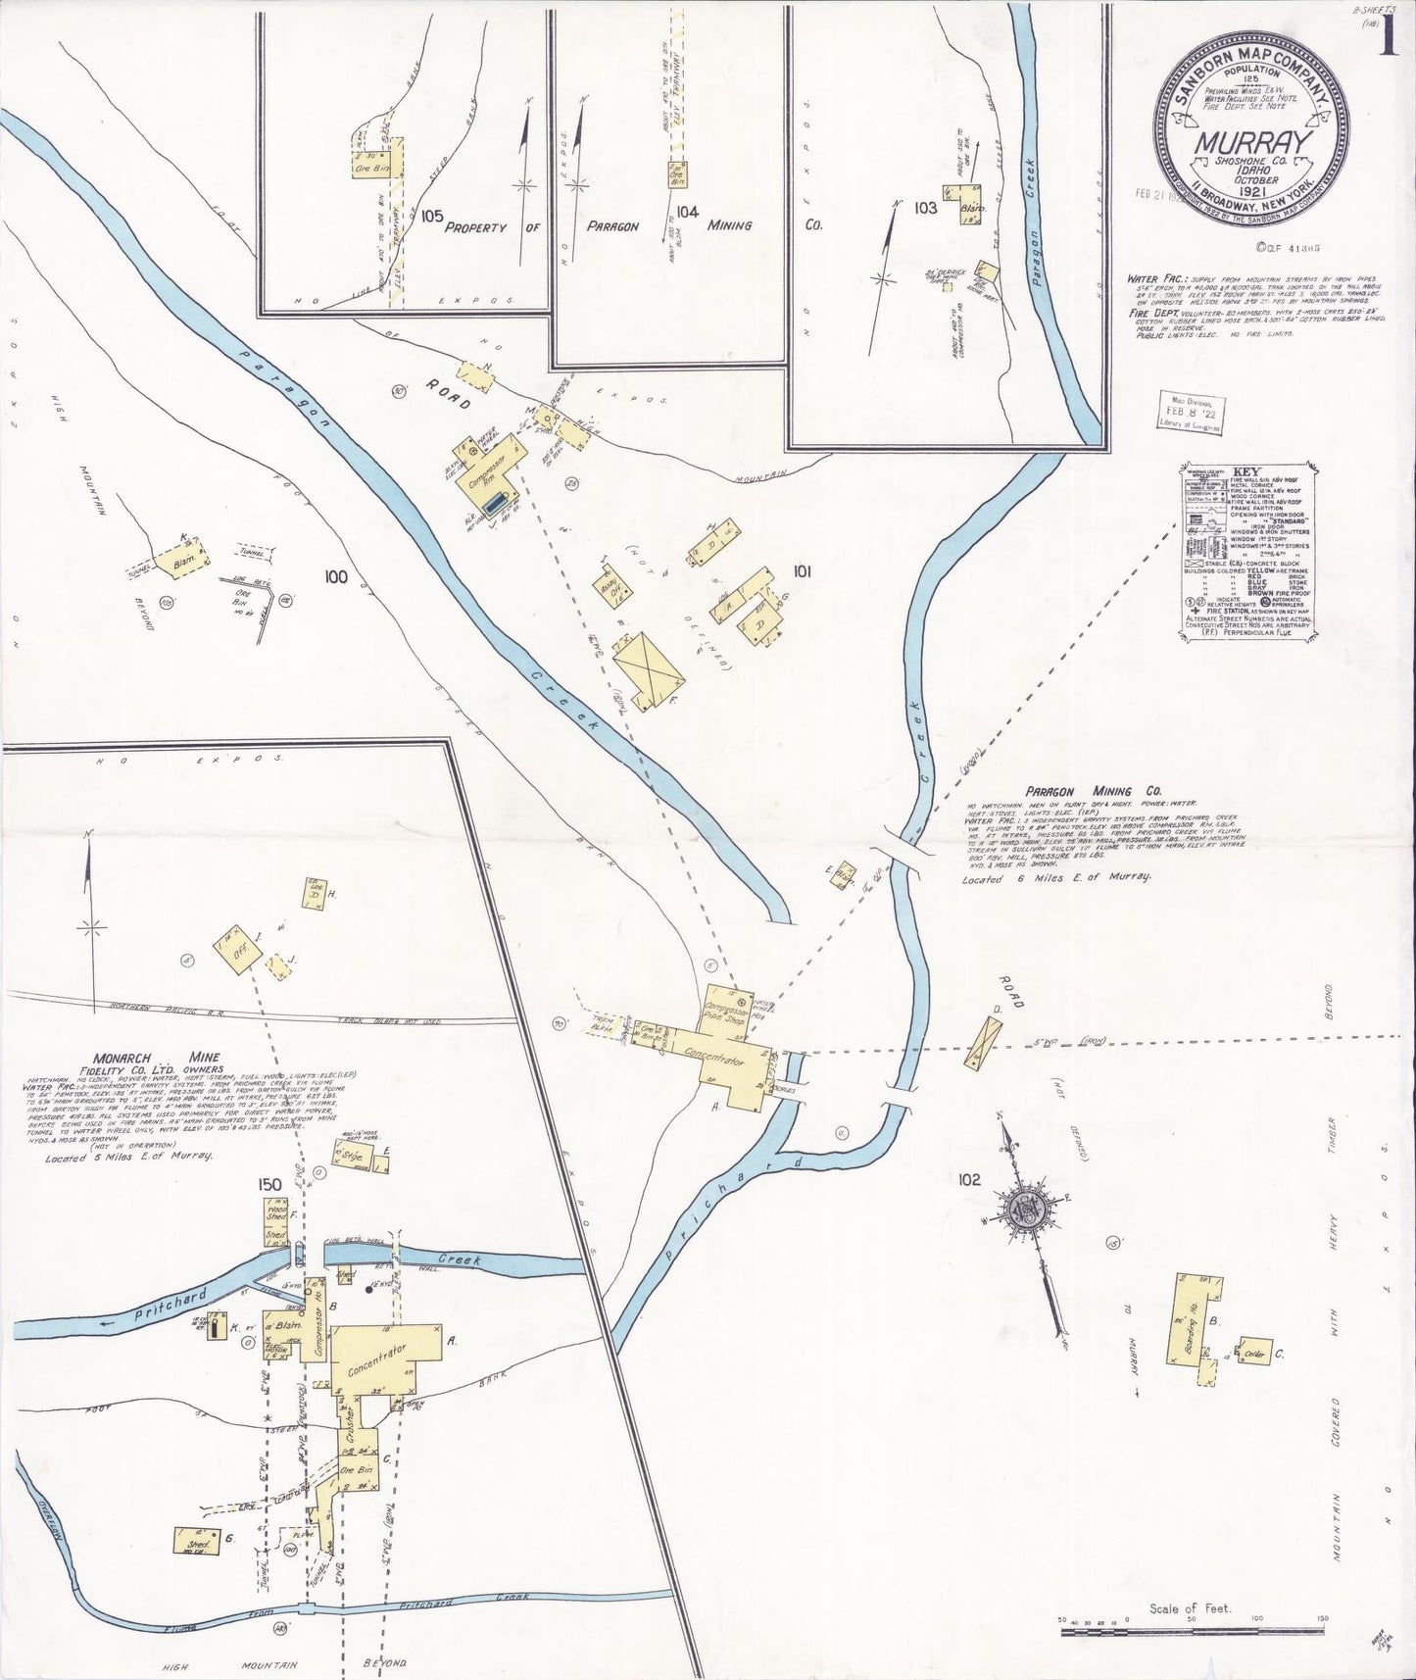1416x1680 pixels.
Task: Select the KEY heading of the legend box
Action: click(x=1245, y=469)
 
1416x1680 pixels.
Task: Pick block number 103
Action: click(x=924, y=208)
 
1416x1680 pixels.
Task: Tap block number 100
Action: click(x=336, y=577)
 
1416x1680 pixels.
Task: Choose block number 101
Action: click(x=803, y=569)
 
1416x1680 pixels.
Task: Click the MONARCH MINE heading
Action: click(x=144, y=1058)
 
